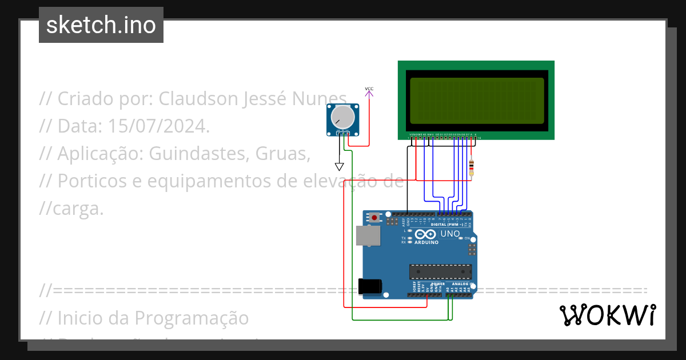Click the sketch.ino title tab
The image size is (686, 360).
101,25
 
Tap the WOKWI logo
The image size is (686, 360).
607,315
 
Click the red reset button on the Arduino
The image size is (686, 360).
374,217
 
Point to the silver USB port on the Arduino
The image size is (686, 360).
367,235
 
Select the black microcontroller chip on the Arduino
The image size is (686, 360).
440,273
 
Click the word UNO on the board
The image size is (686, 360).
450,234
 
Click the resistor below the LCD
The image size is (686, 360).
471,169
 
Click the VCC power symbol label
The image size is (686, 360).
369,89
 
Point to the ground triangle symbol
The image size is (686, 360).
340,167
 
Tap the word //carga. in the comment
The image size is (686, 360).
71,209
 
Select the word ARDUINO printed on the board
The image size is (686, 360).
426,242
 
